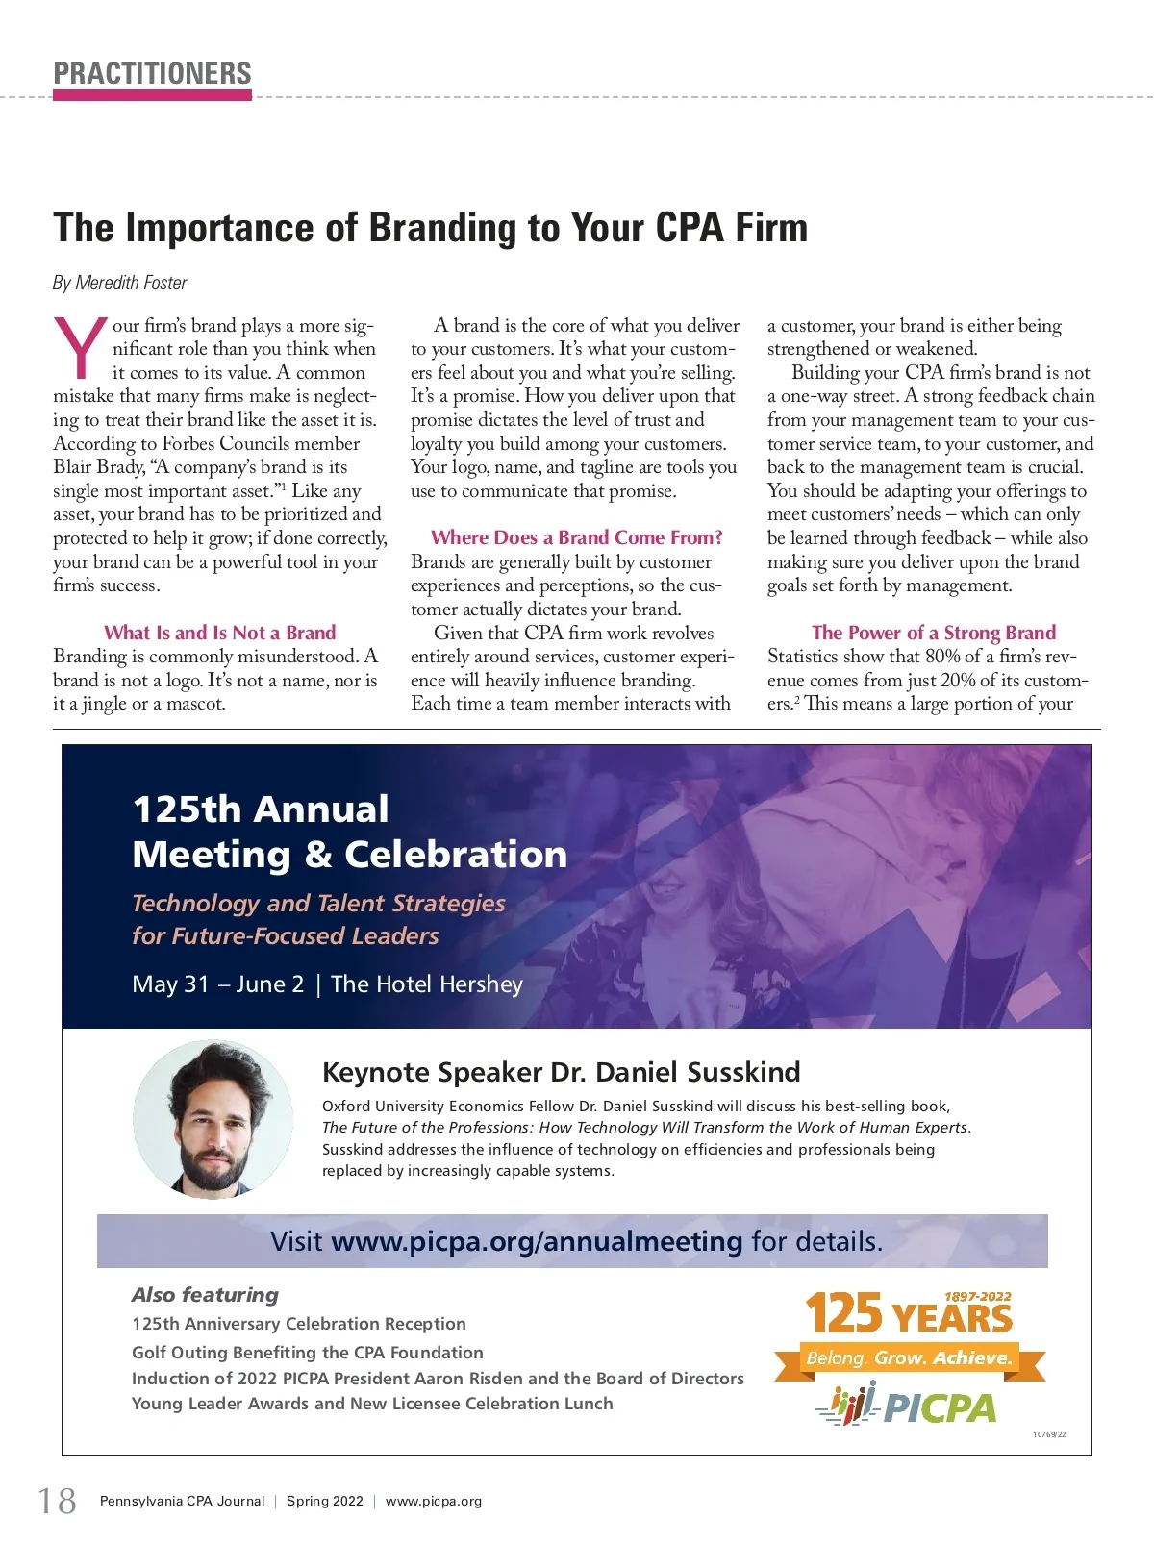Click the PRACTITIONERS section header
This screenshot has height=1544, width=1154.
152,73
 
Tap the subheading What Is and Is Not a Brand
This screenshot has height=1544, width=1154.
219,633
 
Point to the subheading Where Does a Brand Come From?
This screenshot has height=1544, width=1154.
576,537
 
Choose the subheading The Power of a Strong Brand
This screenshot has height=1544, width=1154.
933,633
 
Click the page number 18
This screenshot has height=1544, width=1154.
57,1501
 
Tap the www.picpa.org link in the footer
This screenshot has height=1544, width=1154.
433,1501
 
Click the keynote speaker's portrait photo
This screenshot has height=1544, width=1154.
213,1119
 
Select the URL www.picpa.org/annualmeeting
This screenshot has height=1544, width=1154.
537,1241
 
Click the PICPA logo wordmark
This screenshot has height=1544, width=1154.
939,1408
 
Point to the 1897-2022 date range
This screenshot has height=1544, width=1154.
977,1296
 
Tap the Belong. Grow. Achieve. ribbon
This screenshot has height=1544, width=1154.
909,1358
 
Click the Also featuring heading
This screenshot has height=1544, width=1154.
205,1295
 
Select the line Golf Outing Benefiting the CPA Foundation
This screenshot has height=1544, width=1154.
307,1352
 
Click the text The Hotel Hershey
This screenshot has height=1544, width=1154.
426,984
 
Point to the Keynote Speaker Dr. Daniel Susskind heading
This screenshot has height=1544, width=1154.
561,1072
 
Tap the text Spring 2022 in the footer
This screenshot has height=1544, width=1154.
324,1501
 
